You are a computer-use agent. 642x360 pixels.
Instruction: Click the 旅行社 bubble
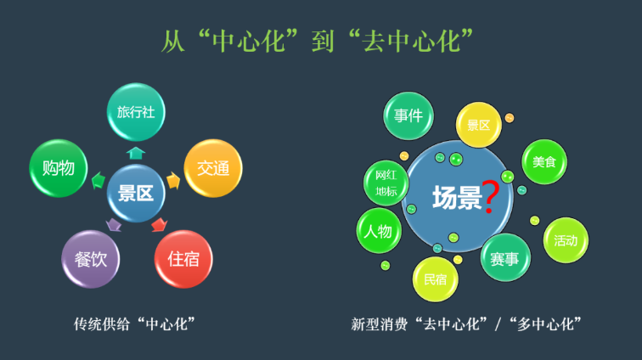coord(136,111)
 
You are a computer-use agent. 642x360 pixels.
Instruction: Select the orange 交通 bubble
coord(213,168)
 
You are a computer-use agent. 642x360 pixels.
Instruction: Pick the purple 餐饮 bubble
coord(91,259)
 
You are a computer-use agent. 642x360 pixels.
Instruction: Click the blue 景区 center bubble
coord(136,194)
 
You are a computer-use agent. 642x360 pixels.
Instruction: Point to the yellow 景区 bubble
coord(479,126)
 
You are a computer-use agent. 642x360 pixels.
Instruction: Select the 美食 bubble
coord(543,162)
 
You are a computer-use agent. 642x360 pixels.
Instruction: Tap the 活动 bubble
coord(566,239)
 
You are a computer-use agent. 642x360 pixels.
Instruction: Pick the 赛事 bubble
coord(505,260)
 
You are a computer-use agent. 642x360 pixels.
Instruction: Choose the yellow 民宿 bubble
coord(436,278)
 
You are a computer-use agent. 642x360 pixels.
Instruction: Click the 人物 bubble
coord(379,231)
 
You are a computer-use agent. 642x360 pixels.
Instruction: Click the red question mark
coord(490,197)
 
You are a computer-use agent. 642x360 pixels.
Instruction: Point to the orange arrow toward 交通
coord(173,180)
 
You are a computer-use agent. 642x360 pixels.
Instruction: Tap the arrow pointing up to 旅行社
coord(136,153)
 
